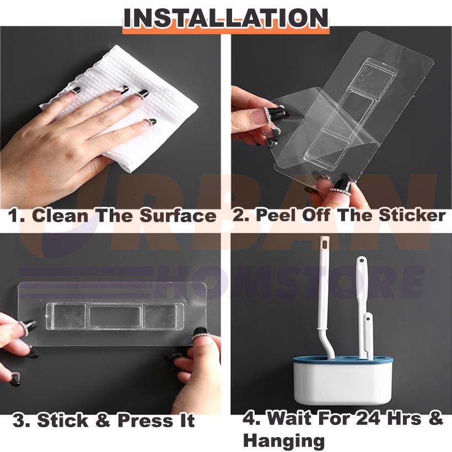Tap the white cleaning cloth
pos(149,99)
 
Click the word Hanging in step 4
pos(283,440)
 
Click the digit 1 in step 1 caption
pos(15,216)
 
